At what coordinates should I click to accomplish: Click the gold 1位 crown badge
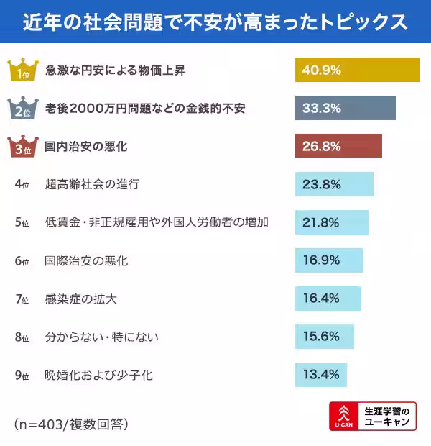(21, 70)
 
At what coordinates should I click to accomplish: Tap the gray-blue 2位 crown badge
(21, 109)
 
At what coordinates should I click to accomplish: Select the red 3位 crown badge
(21, 147)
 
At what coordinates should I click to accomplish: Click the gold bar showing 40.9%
(357, 70)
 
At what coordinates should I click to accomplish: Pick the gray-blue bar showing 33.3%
(345, 108)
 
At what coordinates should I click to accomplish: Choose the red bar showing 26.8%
(338, 146)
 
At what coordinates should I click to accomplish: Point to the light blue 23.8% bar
(334, 184)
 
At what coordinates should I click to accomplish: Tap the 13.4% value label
(321, 375)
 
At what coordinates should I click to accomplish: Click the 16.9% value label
(321, 260)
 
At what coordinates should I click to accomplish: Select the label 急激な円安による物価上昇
(114, 70)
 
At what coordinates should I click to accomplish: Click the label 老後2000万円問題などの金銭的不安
(144, 109)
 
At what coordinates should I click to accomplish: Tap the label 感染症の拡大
(80, 299)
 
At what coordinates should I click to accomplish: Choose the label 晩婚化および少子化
(98, 375)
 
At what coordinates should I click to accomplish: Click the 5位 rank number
(22, 223)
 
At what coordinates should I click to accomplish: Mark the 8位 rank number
(22, 337)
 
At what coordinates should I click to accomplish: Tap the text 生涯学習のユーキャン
(387, 417)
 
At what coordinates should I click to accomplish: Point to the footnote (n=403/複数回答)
(70, 424)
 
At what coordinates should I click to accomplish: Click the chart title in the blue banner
(215, 22)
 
